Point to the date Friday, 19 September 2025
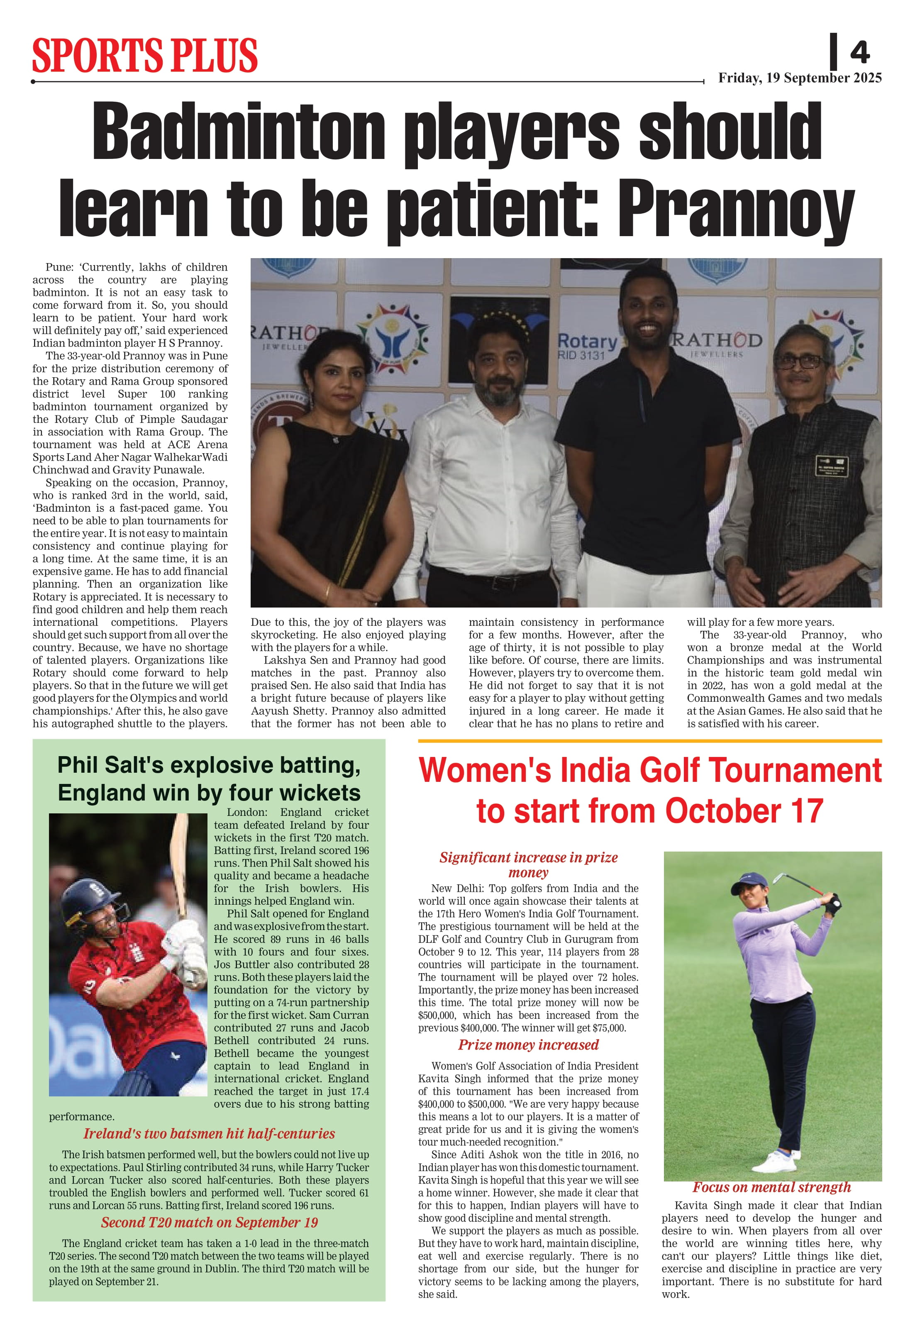point(799,78)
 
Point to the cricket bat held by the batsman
point(179,859)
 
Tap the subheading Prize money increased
point(528,1045)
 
